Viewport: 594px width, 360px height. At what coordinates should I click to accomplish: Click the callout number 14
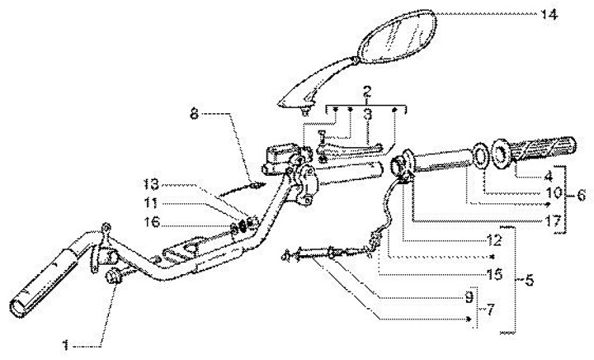click(548, 14)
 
